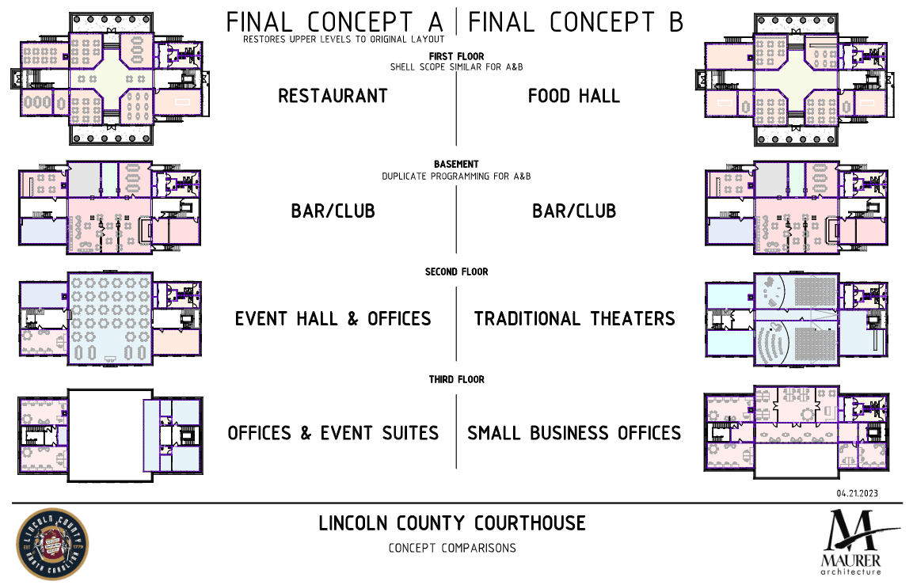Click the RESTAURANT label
point(333,97)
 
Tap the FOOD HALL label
point(574,97)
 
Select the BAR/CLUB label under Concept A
point(333,212)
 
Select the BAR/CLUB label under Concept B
point(574,212)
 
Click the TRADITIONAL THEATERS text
point(574,319)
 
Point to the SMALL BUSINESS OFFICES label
point(574,434)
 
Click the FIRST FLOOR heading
point(456,57)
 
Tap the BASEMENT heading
point(456,165)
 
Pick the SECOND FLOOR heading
point(456,272)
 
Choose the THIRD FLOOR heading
point(456,380)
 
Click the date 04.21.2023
point(858,493)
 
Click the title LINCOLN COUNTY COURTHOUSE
point(452,524)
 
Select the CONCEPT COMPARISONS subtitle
point(452,548)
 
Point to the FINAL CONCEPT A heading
point(336,21)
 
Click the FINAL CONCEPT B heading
point(576,21)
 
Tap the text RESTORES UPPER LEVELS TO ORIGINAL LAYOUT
point(344,39)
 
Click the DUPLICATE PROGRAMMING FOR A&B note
point(456,176)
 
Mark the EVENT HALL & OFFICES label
point(333,319)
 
